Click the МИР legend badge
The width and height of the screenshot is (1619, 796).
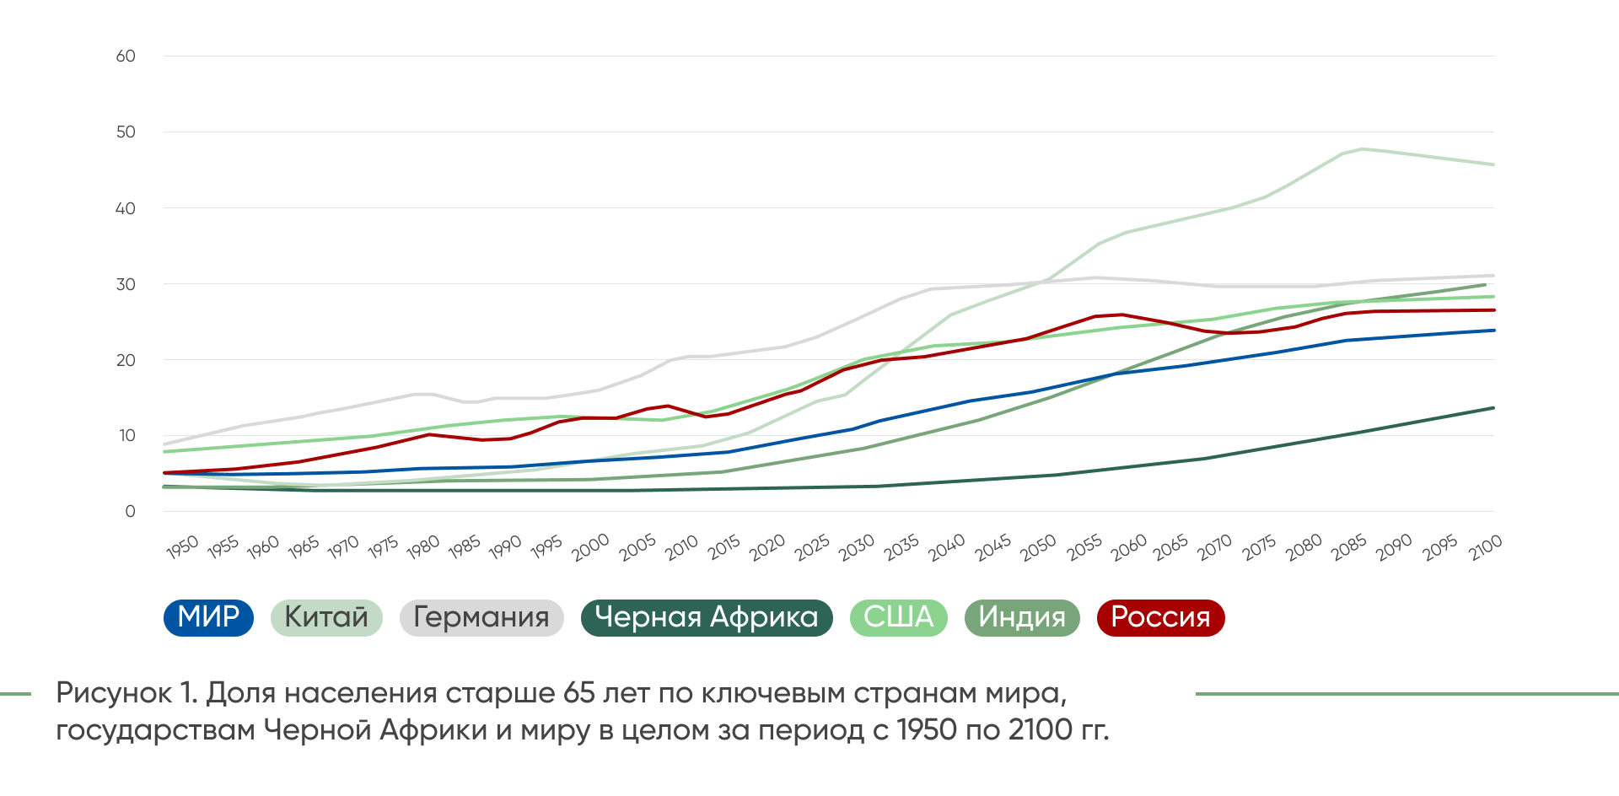click(208, 617)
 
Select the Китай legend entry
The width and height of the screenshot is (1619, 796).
click(326, 617)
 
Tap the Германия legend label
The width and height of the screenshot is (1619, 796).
click(481, 617)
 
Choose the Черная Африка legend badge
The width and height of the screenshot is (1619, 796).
click(707, 617)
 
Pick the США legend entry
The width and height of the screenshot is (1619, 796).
click(899, 617)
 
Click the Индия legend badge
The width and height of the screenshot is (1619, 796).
click(1022, 617)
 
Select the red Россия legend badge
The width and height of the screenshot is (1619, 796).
click(1160, 617)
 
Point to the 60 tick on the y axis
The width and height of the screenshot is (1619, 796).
click(126, 56)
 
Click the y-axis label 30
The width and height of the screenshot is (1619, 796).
click(126, 285)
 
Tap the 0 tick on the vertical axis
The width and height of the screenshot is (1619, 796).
click(130, 512)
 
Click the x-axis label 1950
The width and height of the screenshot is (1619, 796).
click(182, 547)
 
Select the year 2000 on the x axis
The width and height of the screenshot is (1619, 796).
click(590, 547)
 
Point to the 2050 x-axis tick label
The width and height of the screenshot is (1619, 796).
click(1038, 547)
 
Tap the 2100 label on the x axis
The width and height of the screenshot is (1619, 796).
click(1486, 547)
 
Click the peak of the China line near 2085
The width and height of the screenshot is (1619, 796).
click(1362, 149)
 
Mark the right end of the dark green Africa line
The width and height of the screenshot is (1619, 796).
click(1493, 408)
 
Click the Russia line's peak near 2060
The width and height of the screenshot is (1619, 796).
click(1122, 315)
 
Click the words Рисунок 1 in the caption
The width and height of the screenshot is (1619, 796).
click(126, 693)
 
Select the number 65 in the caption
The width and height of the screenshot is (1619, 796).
click(578, 693)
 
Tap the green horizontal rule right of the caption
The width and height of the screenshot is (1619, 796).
click(1407, 694)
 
